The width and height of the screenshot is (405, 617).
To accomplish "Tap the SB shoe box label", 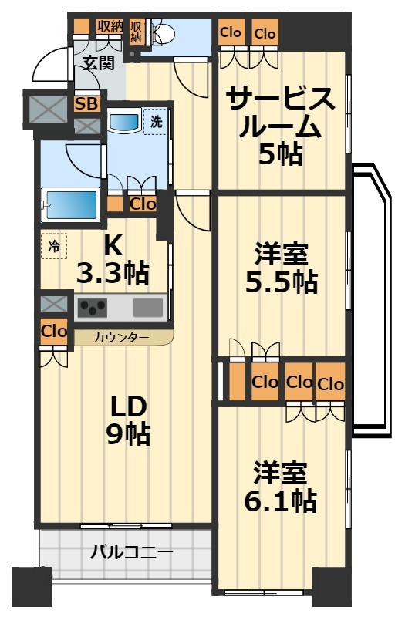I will [x=86, y=103].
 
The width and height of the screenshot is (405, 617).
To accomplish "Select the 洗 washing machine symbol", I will [x=156, y=121].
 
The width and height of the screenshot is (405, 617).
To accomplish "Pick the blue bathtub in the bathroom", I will [x=69, y=205].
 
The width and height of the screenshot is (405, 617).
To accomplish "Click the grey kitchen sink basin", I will [x=148, y=308].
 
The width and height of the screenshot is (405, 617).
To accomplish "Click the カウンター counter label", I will [x=116, y=337].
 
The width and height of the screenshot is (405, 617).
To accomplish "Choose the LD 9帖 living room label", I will [x=127, y=420].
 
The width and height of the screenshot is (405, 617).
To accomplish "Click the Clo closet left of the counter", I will [x=53, y=333].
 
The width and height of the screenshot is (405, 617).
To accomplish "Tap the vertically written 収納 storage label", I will [x=137, y=31].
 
